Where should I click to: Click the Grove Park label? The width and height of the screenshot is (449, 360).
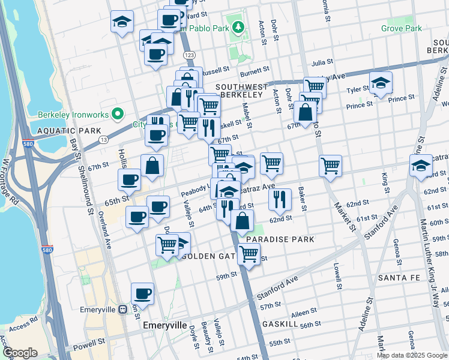click(x=401, y=28)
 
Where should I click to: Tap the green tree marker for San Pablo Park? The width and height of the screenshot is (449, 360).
click(x=238, y=27)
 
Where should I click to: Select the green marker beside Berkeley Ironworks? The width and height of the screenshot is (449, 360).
click(x=119, y=113)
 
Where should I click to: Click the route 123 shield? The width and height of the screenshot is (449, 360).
click(x=190, y=55)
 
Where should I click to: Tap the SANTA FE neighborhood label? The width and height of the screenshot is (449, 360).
click(x=402, y=278)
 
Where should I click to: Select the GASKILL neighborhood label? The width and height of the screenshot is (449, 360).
click(x=280, y=323)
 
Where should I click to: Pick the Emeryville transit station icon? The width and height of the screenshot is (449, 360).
click(x=123, y=310)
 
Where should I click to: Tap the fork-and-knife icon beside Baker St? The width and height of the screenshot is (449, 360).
click(x=280, y=200)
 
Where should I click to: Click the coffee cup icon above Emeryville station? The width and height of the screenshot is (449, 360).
click(x=142, y=294)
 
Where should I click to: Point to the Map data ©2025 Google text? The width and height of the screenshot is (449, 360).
click(x=412, y=355)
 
